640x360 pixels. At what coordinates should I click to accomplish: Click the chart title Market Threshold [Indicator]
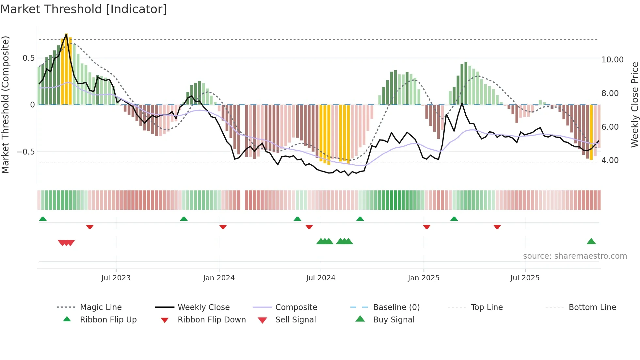84,9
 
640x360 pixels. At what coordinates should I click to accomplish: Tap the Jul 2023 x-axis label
116,278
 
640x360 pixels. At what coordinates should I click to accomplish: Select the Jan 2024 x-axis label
219,278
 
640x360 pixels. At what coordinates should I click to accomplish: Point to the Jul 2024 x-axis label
321,278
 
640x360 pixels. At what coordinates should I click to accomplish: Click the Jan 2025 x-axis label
424,278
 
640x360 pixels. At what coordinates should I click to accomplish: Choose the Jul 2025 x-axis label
525,278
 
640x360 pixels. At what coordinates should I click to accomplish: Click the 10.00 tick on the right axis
612,60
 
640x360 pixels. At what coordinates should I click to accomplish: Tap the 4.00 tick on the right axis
610,160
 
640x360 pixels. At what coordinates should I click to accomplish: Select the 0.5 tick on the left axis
28,58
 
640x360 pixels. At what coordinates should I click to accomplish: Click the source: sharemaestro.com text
575,256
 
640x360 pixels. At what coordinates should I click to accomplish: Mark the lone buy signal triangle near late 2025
591,242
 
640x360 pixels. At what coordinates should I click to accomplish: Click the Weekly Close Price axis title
634,105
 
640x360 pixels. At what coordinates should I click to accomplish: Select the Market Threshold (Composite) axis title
5,105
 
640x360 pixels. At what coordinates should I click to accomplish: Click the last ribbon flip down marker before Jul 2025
497,227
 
